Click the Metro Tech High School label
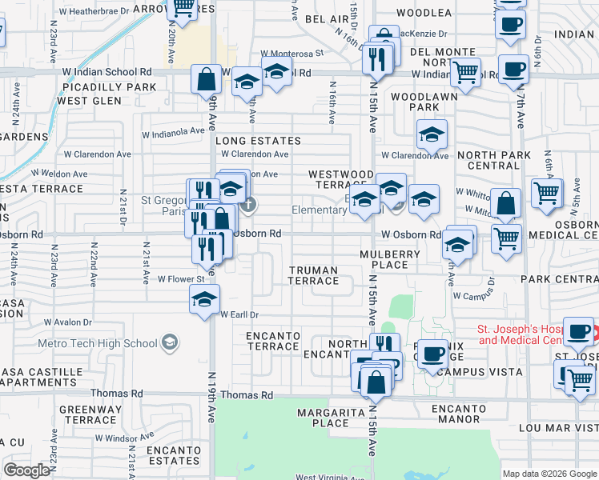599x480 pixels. [97, 343]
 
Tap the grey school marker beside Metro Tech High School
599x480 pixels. [169, 342]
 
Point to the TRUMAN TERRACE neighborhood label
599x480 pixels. [314, 275]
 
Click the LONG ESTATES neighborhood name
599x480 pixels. [258, 141]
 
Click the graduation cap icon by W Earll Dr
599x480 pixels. [204, 301]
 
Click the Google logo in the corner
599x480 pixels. [27, 470]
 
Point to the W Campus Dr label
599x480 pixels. [473, 295]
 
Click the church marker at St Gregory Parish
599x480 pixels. [249, 203]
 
